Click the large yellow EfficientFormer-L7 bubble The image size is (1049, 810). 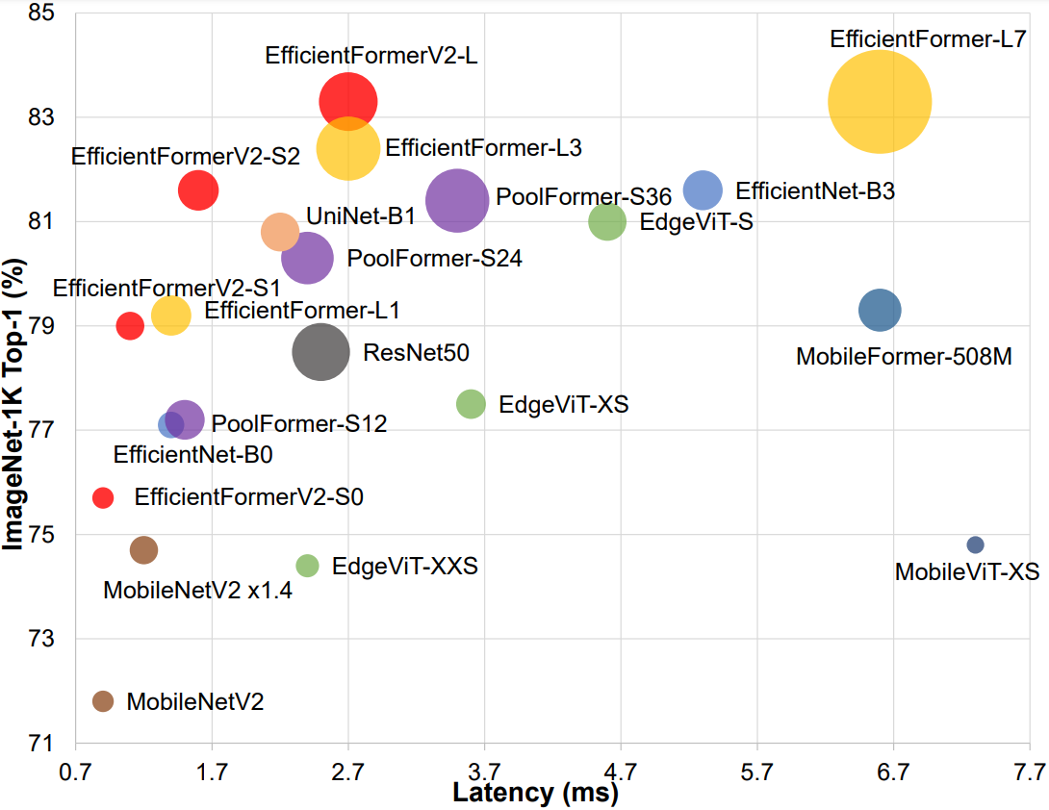click(x=880, y=101)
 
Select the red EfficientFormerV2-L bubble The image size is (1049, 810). click(x=348, y=100)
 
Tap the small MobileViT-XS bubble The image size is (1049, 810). click(x=975, y=544)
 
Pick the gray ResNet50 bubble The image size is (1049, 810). click(x=320, y=352)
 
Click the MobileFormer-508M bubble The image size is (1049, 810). click(x=880, y=310)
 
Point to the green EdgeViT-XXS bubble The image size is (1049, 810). click(x=307, y=566)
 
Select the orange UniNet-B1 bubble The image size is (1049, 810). click(x=280, y=231)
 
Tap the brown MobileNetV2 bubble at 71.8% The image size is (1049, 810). click(x=103, y=701)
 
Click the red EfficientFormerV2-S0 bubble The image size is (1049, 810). click(x=103, y=497)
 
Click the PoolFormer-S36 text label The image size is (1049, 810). click(x=583, y=199)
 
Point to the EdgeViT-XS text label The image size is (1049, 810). click(x=564, y=405)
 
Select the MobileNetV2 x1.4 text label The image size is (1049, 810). click(x=197, y=590)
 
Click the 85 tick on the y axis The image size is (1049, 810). click(x=41, y=13)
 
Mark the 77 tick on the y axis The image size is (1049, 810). click(x=41, y=430)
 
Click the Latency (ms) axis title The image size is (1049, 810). click(x=535, y=795)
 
